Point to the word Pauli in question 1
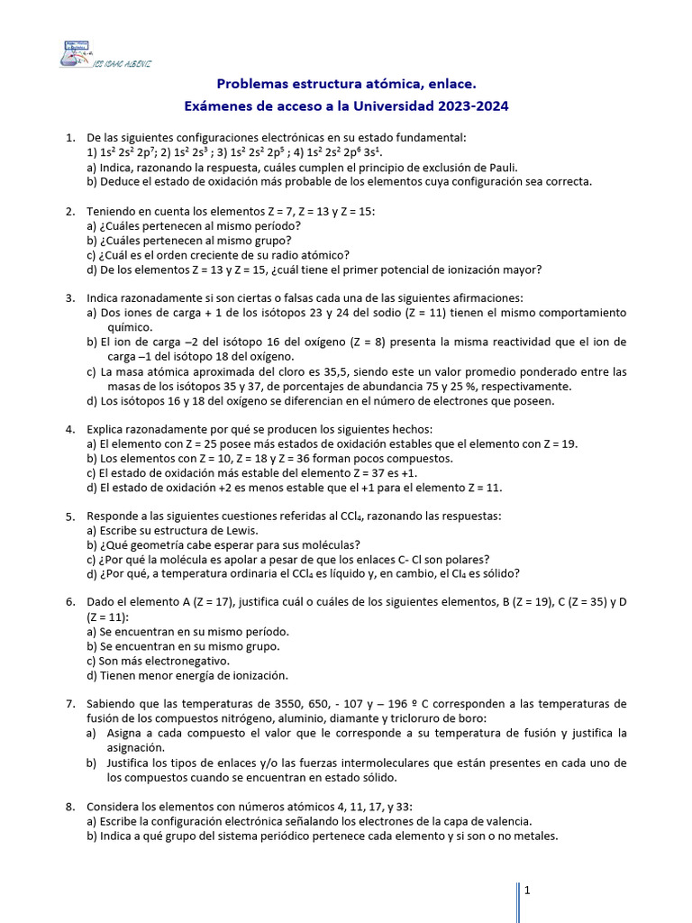coord(497,167)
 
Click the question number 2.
coord(69,211)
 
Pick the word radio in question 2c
coord(299,254)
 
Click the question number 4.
coord(69,429)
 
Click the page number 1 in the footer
coord(527,891)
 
